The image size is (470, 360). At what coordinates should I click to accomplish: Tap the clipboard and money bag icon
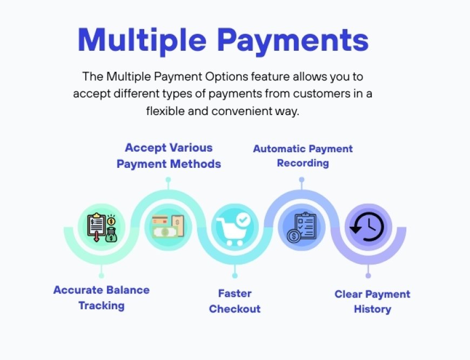pos(102,227)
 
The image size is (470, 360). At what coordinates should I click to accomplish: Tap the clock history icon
pos(368,227)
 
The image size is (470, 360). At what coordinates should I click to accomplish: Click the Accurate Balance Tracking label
pos(102,297)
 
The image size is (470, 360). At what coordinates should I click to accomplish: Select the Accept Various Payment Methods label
pos(169,155)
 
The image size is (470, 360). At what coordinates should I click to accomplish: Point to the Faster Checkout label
pos(234,301)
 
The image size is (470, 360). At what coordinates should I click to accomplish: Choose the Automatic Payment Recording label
pos(303,155)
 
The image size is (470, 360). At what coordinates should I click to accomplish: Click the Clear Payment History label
pos(372,301)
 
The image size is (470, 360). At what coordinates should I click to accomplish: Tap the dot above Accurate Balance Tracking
pos(102,268)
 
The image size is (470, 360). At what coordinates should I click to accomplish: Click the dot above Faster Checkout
pos(234,275)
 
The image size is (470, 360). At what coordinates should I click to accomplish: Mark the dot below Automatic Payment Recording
pos(302,179)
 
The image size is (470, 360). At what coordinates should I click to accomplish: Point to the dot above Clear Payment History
pos(368,275)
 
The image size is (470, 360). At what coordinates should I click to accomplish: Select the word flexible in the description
pos(165,112)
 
